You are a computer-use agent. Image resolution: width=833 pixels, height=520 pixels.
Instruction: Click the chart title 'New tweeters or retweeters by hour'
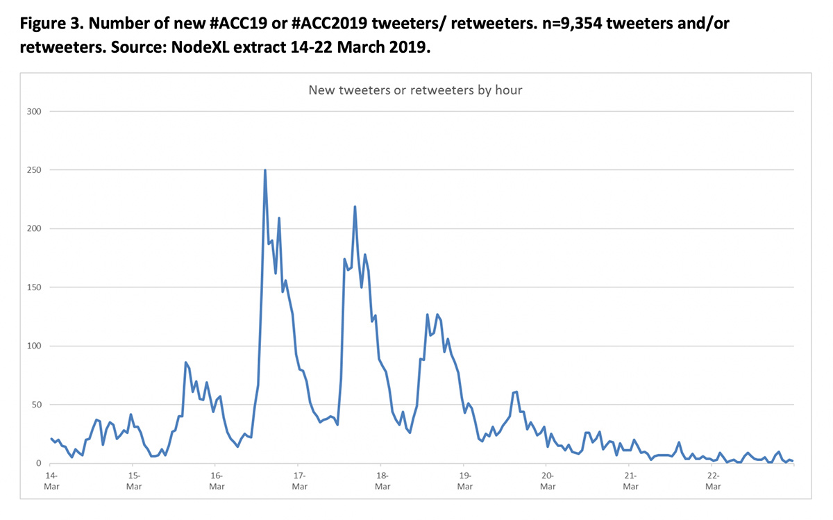[x=415, y=90]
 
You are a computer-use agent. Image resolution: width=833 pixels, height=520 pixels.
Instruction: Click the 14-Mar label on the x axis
[x=51, y=480]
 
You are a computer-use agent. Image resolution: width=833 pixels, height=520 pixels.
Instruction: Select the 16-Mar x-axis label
[x=217, y=480]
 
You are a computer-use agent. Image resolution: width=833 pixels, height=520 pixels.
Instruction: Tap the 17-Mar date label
[x=299, y=480]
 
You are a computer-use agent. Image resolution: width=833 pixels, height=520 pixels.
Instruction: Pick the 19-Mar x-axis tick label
[x=465, y=480]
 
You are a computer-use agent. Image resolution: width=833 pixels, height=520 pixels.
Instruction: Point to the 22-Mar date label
[x=713, y=480]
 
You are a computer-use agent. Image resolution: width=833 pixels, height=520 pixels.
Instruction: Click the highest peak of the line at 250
[x=265, y=170]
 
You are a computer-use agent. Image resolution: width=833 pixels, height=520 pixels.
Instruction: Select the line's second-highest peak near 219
[x=355, y=206]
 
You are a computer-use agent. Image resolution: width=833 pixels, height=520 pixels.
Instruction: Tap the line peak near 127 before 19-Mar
[x=428, y=314]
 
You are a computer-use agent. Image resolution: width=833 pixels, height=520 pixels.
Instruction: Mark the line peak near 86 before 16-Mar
[x=186, y=362]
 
